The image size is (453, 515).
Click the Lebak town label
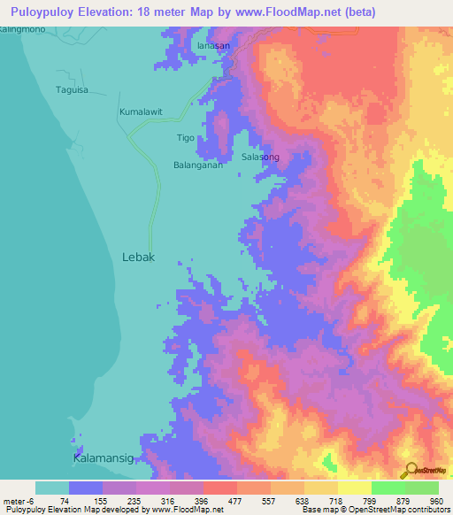(137, 257)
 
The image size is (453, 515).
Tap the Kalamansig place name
(103, 457)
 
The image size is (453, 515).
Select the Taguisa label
(73, 89)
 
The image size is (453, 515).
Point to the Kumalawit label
(142, 112)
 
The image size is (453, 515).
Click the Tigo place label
(185, 137)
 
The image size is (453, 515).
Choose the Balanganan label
(197, 165)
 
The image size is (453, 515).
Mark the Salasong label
(260, 158)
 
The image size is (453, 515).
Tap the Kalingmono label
(24, 30)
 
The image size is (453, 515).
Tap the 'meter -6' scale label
(20, 501)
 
